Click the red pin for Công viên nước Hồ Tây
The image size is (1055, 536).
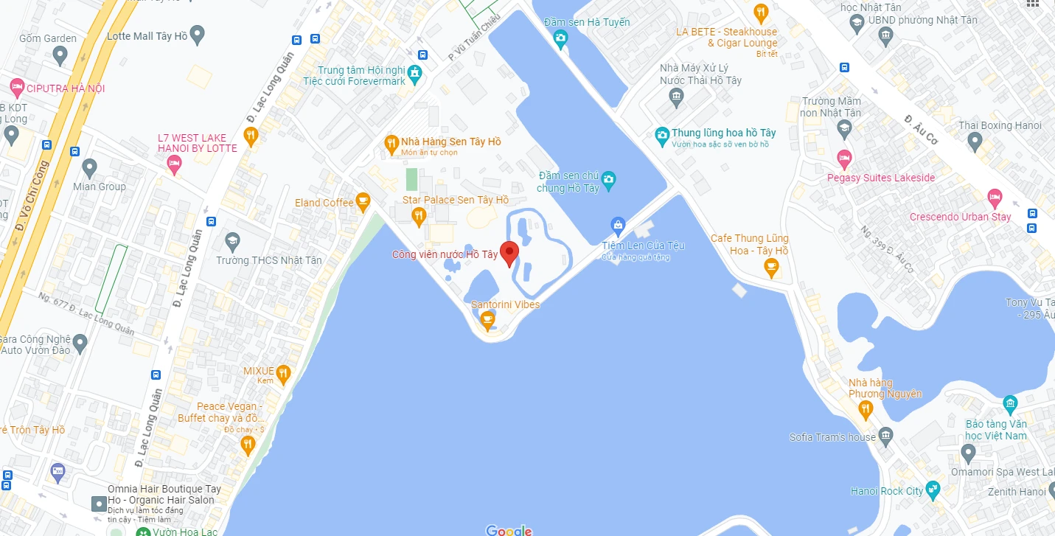coord(509,252)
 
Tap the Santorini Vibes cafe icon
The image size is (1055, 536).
coord(487,320)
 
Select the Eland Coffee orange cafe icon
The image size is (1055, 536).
coord(362,201)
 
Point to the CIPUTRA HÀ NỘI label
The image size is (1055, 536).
coord(66,88)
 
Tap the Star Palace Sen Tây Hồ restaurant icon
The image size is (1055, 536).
coord(419,215)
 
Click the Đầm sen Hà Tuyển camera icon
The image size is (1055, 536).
coord(560,38)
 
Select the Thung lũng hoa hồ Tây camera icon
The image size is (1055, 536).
coord(662,134)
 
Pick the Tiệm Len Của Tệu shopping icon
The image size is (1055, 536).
coord(618,225)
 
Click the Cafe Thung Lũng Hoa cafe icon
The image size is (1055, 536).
coord(771,268)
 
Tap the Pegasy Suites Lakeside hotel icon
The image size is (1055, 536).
coord(844,157)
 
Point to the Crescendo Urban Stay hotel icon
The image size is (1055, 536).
coord(995,197)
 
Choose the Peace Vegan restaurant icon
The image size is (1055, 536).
coord(248,444)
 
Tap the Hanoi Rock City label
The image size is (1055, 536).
coord(887,491)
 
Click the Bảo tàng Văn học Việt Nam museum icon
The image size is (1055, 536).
coord(1010,403)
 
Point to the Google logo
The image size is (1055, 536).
coord(509,529)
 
